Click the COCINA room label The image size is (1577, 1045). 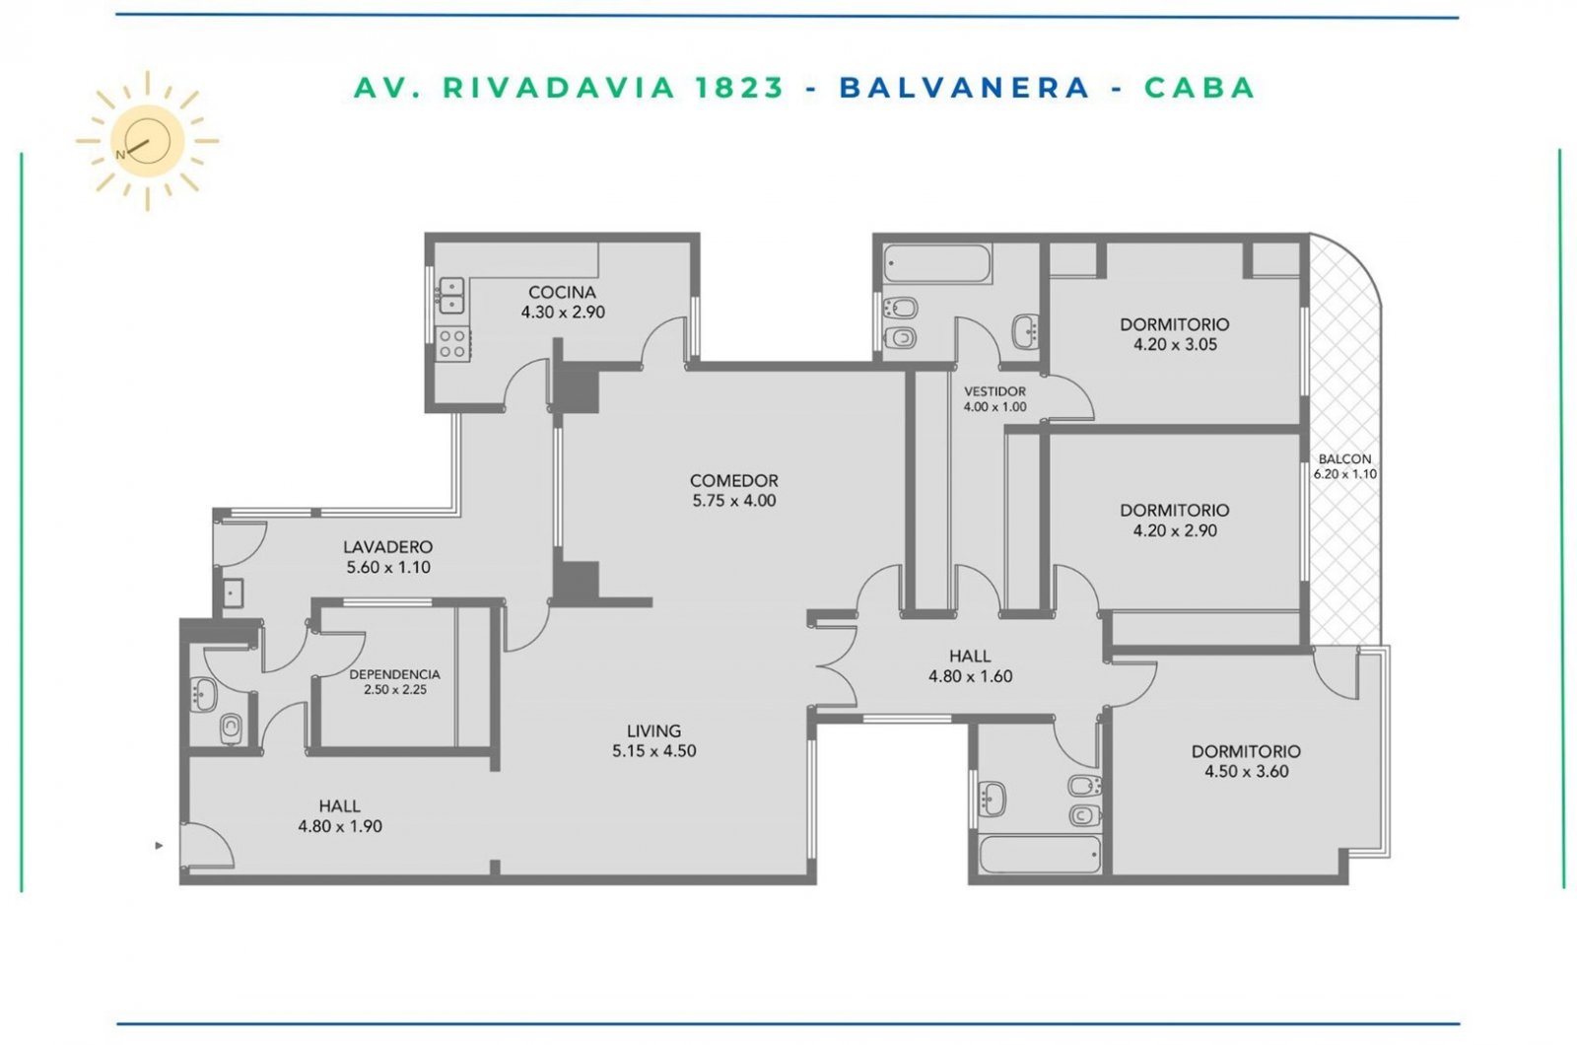tap(562, 292)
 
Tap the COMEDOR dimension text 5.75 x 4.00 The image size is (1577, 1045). tap(734, 501)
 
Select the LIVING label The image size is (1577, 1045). tap(654, 731)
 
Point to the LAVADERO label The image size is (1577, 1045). tap(388, 546)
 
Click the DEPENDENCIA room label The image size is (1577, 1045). tap(395, 674)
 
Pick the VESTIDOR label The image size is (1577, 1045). tap(994, 390)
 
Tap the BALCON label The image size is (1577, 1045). tap(1344, 458)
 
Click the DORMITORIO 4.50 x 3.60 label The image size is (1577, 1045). tap(1246, 760)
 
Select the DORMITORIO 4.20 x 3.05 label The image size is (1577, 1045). tap(1175, 334)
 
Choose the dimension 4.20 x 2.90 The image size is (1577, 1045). tap(1175, 530)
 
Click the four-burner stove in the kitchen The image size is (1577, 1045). tap(452, 344)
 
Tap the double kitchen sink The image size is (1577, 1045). tap(451, 296)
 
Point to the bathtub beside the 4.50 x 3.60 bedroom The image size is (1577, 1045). tap(1040, 854)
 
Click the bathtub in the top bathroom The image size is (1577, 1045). tap(937, 263)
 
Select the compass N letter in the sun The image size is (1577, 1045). tap(120, 155)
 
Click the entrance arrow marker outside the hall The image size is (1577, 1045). tap(159, 845)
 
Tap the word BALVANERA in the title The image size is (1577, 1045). tap(965, 88)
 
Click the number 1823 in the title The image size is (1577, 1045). tap(739, 88)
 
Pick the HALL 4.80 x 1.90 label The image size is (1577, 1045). tap(340, 815)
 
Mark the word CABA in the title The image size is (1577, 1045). tap(1200, 88)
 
